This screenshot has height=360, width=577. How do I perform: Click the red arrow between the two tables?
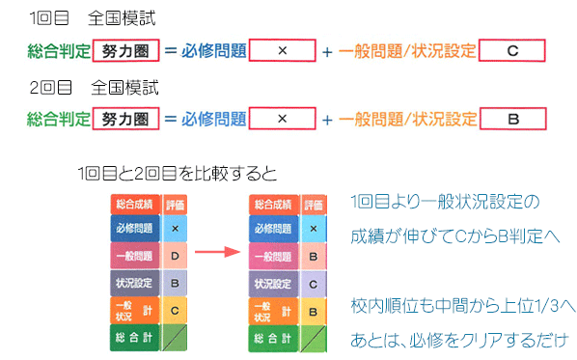(217, 252)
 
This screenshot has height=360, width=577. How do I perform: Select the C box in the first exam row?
(511, 50)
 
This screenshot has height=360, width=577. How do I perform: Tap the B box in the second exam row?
(513, 119)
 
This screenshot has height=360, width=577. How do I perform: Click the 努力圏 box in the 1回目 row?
(125, 50)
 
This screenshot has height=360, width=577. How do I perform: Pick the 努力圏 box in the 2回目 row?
(125, 119)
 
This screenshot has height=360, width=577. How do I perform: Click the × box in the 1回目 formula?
(283, 50)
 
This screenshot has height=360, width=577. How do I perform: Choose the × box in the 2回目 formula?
(283, 119)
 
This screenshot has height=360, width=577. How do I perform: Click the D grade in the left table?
(175, 256)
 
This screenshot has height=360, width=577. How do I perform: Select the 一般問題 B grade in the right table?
(314, 256)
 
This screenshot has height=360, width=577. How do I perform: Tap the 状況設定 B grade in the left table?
(175, 283)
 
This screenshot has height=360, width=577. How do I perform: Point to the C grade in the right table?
(314, 284)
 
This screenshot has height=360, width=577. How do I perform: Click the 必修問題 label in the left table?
(135, 228)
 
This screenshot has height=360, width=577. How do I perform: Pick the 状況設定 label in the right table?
(273, 284)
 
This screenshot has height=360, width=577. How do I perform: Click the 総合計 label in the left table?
(135, 337)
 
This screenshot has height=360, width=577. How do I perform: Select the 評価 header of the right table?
(314, 205)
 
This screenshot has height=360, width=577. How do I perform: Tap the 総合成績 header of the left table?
(135, 205)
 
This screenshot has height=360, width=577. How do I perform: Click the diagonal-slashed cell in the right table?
(314, 339)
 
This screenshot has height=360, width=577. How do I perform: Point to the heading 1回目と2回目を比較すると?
(178, 174)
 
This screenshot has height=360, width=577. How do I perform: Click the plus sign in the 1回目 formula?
(327, 52)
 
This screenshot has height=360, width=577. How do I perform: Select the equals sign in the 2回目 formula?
(171, 119)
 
